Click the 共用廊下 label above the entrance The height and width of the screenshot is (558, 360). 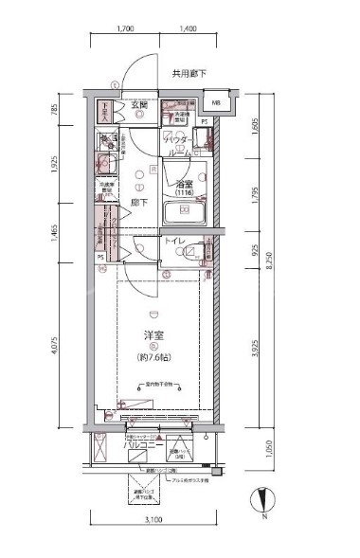click(189, 74)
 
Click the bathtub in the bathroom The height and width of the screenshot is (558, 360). click(182, 213)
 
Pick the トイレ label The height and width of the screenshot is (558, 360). click(174, 243)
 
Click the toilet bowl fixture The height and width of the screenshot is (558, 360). click(194, 252)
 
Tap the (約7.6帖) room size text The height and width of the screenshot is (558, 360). click(152, 356)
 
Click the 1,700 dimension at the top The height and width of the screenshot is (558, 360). click(125, 29)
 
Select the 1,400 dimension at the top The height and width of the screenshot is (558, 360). click(186, 29)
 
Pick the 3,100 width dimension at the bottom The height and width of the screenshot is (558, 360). click(153, 520)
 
